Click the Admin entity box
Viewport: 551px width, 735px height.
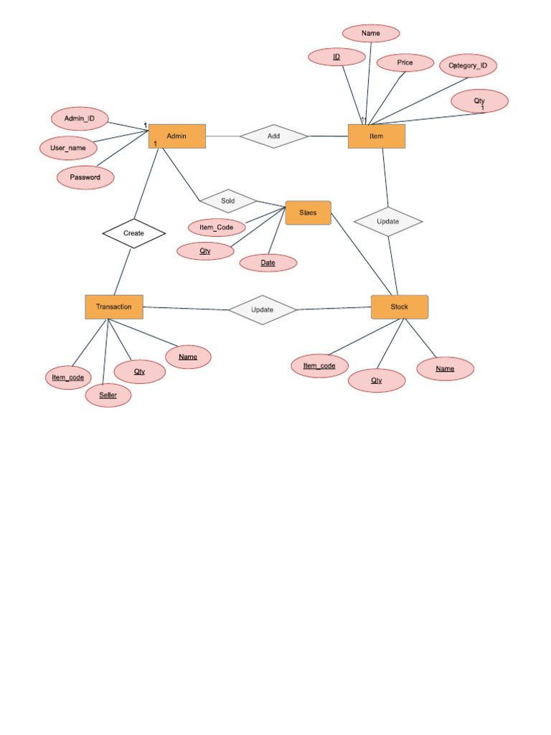[x=177, y=136]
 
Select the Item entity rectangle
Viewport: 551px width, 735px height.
[x=377, y=136]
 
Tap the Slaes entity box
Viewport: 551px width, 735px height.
[x=309, y=212]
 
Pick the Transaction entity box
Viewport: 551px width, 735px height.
[x=114, y=306]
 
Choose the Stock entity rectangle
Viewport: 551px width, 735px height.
[x=400, y=306]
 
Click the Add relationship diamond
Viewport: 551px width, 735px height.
[x=274, y=136]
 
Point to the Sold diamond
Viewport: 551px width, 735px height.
[x=228, y=201]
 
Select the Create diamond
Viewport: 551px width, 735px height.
[x=134, y=233]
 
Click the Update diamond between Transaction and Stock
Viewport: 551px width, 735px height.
[x=263, y=309]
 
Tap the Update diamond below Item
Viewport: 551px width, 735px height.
[x=388, y=221]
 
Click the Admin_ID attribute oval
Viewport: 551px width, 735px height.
[x=80, y=118]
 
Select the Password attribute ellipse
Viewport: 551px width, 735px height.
[x=85, y=177]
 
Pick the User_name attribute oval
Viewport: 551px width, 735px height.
[x=68, y=148]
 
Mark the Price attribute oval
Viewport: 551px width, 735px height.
[x=405, y=63]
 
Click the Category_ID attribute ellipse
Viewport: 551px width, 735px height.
[x=468, y=66]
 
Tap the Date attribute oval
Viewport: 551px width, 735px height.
[x=268, y=263]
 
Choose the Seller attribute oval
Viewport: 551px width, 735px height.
[x=108, y=395]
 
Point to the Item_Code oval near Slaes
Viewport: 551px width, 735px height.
[x=217, y=228]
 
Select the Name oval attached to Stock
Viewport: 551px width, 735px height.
[x=446, y=368]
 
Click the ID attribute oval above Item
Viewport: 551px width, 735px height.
[x=336, y=56]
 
